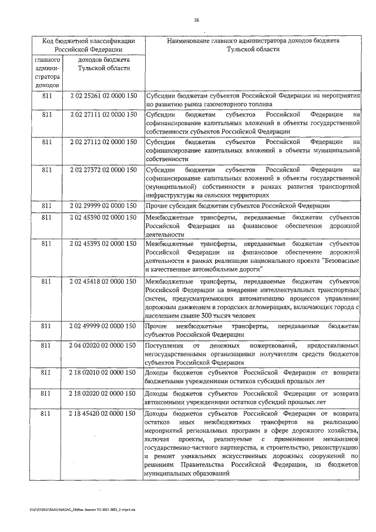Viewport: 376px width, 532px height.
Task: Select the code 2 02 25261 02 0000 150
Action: coord(103,95)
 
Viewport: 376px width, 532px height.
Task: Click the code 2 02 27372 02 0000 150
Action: coord(103,170)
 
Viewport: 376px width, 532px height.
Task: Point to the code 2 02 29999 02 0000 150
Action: coord(103,206)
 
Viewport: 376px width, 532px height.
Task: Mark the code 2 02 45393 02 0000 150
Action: coord(103,243)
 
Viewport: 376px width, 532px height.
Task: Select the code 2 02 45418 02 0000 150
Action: coord(103,282)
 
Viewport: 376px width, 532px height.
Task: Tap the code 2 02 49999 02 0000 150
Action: coord(103,326)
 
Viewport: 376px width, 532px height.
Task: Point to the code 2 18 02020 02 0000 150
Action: coord(103,392)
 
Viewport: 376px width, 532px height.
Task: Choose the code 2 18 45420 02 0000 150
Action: coord(103,414)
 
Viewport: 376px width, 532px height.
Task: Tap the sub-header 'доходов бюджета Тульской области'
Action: coord(103,64)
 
